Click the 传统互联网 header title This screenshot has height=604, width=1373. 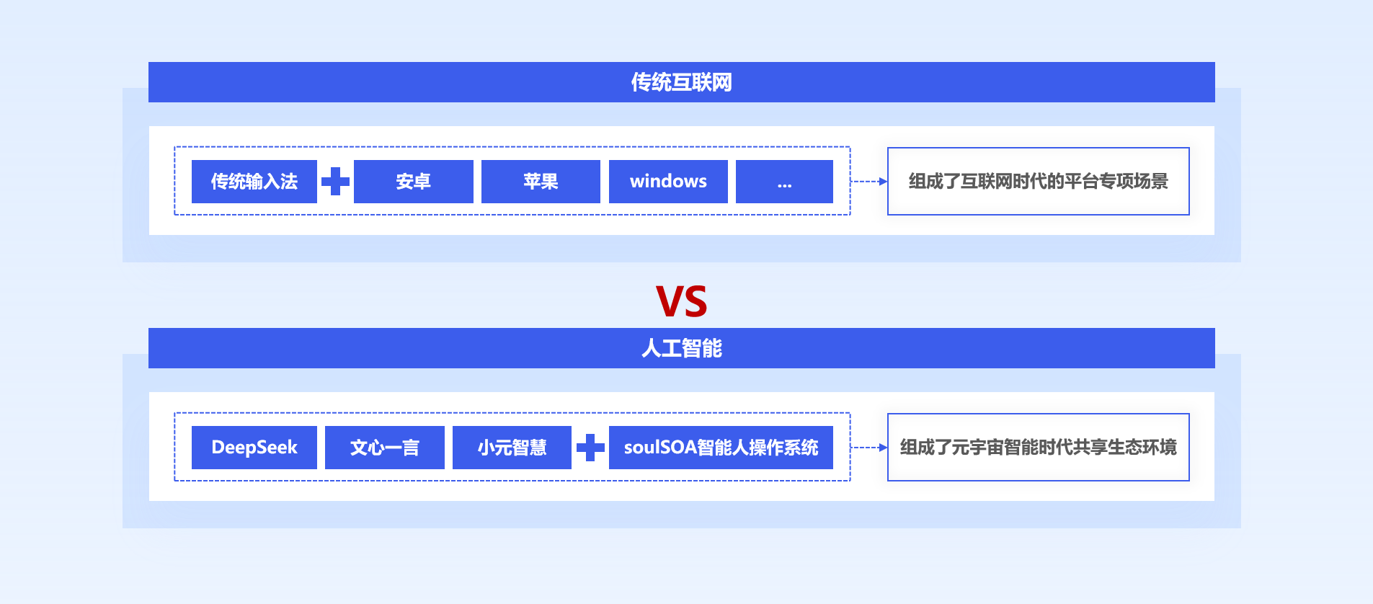pos(681,82)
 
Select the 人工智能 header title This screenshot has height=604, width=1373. pos(681,348)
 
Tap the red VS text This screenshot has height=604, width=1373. pos(681,301)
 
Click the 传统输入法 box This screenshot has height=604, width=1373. pos(254,182)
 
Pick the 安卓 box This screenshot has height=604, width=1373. pos(414,182)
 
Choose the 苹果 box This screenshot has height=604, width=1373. pos(541,182)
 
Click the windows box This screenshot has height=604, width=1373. pos(668,182)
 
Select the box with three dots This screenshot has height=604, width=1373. pos(784,182)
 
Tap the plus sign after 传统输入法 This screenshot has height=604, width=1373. pos(335,182)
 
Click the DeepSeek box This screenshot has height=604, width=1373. pos(254,448)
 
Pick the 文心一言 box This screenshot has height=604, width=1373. pos(385,448)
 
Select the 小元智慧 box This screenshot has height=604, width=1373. pos(512,448)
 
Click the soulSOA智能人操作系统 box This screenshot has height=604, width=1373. pos(721,448)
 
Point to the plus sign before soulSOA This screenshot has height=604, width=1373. pos(590,448)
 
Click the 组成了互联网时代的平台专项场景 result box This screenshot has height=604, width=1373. pos(1039,182)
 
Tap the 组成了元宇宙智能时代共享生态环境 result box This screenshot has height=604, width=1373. pos(1039,448)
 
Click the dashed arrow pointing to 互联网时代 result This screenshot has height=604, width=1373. pos(869,182)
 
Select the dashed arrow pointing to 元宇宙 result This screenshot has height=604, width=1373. pos(869,448)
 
